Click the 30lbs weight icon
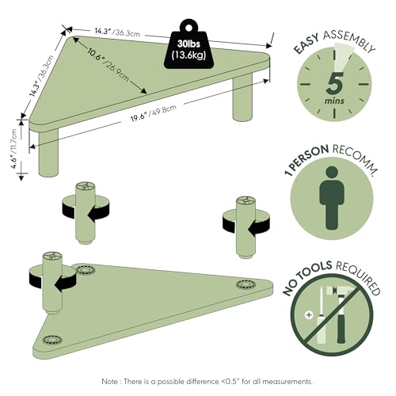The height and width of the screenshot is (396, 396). (189, 47)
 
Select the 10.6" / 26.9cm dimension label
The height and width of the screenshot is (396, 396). (109, 66)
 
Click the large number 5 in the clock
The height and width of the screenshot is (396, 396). (334, 83)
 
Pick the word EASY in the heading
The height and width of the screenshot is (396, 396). (307, 44)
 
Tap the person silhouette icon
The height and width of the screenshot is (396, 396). (332, 198)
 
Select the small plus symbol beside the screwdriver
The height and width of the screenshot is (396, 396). (308, 314)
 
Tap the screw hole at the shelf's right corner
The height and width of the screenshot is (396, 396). (243, 284)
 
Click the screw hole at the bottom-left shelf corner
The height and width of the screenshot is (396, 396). (52, 340)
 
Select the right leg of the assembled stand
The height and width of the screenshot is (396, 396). (242, 99)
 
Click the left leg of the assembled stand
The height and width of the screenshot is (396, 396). (48, 153)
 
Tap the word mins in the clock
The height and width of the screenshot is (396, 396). (334, 101)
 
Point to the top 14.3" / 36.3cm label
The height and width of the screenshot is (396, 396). (117, 32)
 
